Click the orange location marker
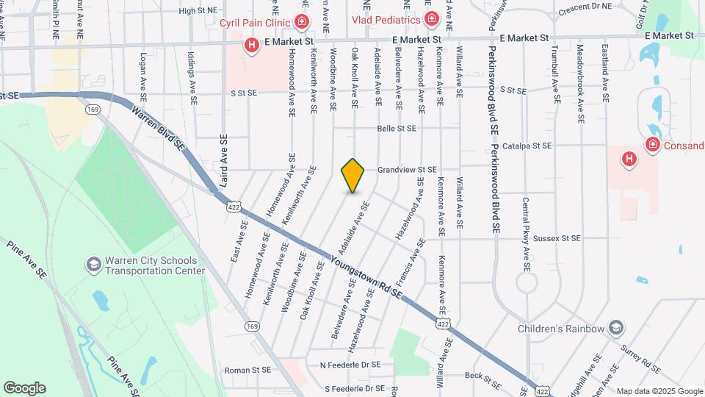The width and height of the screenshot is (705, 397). coord(353,176)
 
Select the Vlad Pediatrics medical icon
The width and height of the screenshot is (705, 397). coord(431,18)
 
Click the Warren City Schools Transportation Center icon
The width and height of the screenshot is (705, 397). coord(93,262)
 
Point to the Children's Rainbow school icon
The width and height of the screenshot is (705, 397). coord(616,327)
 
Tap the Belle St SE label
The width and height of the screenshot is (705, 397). coord(397,128)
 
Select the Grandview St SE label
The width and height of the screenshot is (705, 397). coord(407,170)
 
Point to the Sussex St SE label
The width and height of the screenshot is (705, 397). coord(557,238)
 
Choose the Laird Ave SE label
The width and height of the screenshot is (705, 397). coord(223,160)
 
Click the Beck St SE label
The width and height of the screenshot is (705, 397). coord(483,380)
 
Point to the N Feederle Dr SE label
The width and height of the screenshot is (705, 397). coord(350,365)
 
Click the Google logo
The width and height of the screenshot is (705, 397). coord(24,387)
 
